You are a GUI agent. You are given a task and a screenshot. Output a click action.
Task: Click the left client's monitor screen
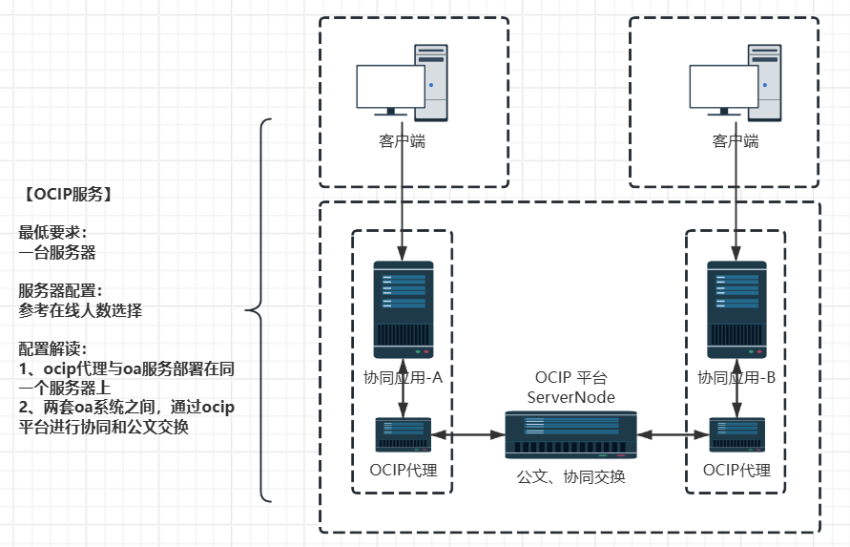389,86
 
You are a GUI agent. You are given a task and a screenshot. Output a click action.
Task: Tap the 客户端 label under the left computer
402,141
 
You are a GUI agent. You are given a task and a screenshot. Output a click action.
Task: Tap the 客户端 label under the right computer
736,141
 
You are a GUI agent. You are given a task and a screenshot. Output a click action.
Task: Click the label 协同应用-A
403,377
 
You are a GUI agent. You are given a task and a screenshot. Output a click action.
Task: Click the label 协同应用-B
736,377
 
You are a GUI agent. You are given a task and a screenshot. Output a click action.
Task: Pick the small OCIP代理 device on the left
403,435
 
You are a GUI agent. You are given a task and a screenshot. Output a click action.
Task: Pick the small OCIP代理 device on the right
736,435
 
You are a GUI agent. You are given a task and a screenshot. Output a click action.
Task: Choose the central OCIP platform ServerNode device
570,435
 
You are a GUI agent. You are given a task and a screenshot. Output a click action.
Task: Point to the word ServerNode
571,396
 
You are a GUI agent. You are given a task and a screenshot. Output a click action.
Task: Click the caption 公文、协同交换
570,476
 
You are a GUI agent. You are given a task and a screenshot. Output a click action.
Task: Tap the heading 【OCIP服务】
70,194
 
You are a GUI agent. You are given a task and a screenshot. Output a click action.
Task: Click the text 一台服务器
57,253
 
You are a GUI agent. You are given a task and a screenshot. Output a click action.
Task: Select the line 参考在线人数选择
81,310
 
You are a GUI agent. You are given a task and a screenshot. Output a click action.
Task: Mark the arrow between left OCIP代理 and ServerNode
467,435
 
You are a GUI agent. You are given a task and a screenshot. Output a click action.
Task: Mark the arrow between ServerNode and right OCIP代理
674,435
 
